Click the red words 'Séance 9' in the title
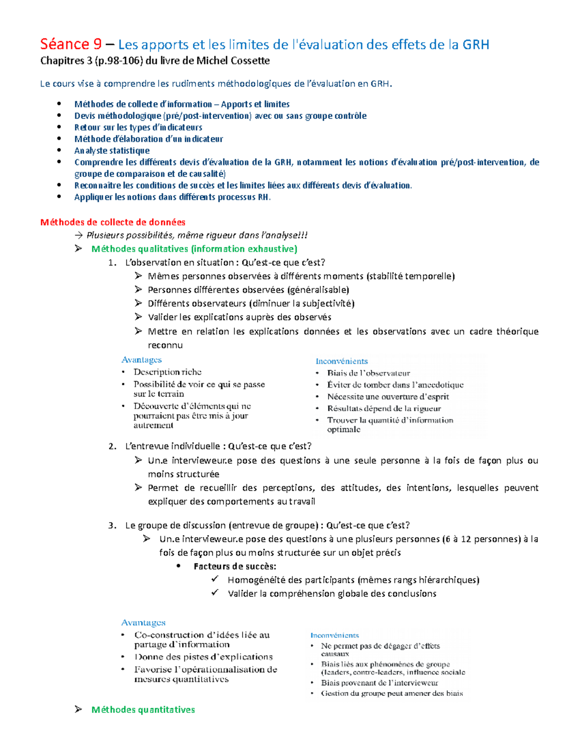point(71,44)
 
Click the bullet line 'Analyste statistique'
point(112,150)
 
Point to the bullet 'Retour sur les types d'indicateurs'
point(138,127)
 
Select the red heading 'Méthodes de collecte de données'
point(113,222)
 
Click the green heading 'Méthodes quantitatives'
point(143,709)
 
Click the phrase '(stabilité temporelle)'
point(410,276)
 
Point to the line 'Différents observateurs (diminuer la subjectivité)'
point(251,304)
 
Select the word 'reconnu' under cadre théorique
point(165,345)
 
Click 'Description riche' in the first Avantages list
point(167,372)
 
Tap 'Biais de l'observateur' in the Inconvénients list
point(368,373)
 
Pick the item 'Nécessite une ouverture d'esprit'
point(388,397)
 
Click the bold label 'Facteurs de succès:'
point(235,566)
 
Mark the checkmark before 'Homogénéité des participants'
point(215,579)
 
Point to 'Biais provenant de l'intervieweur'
point(379,683)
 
